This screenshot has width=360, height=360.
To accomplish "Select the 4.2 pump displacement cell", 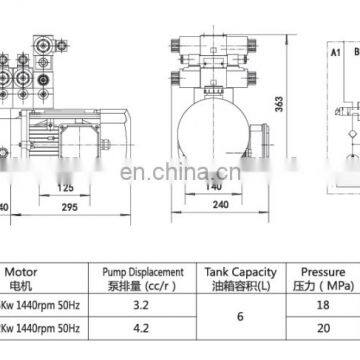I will (x=141, y=324).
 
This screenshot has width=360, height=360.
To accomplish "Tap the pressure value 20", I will (x=322, y=324).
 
